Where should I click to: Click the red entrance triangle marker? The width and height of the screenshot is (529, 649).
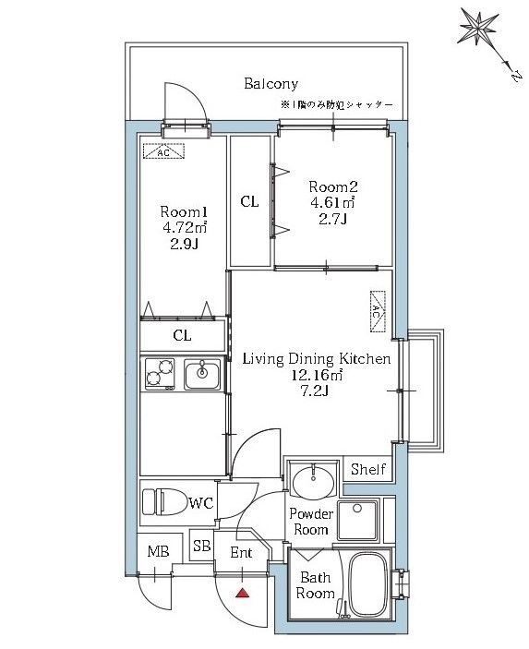[x=242, y=594]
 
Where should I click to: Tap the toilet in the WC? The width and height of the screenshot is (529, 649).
[x=163, y=501]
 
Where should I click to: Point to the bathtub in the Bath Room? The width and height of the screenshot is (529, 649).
[x=367, y=585]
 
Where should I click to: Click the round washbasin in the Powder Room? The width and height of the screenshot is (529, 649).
[x=313, y=481]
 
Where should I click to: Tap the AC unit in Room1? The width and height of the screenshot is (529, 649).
[x=163, y=151]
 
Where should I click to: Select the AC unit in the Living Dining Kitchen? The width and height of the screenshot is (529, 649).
[x=377, y=312]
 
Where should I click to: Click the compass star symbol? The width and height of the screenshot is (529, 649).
[x=478, y=28]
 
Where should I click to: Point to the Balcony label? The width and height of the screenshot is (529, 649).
[x=271, y=84]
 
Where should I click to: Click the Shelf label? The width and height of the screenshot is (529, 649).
[x=368, y=469]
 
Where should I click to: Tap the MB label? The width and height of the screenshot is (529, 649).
[x=159, y=551]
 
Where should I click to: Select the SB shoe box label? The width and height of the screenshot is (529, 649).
[x=202, y=546]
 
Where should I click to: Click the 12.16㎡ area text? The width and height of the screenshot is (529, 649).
[x=318, y=375]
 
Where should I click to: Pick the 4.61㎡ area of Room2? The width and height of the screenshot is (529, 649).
[x=332, y=203]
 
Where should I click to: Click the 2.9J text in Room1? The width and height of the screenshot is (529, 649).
[x=184, y=245]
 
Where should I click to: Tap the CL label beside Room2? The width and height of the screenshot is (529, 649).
[x=249, y=201]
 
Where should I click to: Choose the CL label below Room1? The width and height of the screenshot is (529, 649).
[x=182, y=335]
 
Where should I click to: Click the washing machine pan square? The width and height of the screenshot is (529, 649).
[x=357, y=521]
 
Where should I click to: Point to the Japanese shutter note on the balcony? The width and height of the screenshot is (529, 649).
[x=337, y=105]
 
